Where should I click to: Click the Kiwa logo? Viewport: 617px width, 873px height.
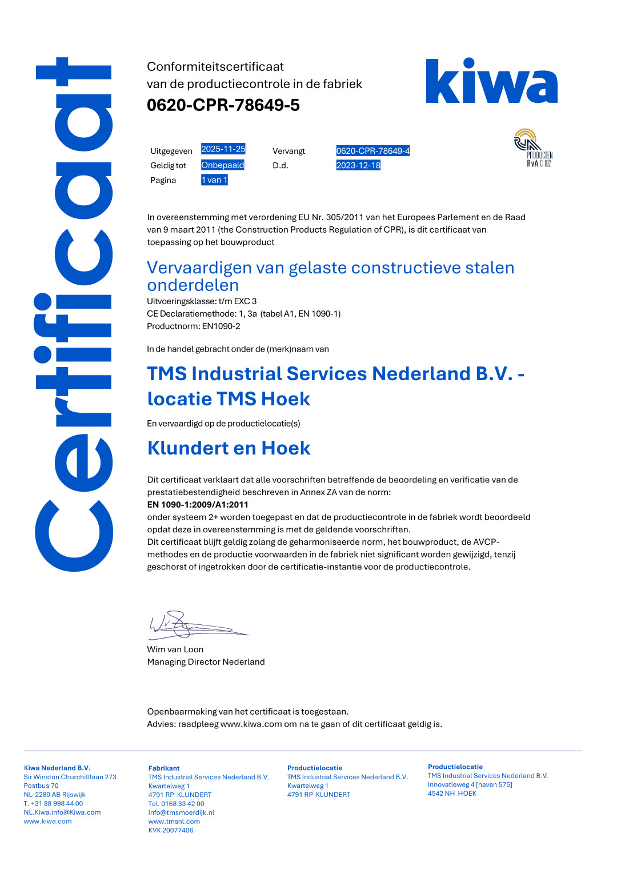[491, 81]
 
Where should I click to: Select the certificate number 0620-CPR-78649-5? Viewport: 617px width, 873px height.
[223, 105]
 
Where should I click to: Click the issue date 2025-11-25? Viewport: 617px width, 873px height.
[223, 149]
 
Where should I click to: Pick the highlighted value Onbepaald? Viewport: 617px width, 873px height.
[222, 165]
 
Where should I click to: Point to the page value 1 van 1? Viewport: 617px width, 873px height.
[214, 180]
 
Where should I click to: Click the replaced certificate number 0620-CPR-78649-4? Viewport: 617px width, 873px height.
[372, 151]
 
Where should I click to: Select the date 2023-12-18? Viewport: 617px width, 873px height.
[358, 165]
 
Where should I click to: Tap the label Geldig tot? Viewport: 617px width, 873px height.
[168, 166]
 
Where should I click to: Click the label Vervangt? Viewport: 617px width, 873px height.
[289, 151]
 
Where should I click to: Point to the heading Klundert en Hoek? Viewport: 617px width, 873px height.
[229, 448]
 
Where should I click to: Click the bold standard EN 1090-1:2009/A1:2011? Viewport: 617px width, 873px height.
[198, 505]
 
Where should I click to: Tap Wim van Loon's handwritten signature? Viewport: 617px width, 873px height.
[189, 625]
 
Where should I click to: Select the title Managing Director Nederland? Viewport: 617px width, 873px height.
[206, 662]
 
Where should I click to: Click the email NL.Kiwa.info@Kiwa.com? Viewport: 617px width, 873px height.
[62, 812]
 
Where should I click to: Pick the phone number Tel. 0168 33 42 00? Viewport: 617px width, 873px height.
[176, 804]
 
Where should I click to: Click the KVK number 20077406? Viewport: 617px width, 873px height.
[171, 831]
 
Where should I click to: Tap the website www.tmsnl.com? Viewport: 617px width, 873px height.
[174, 822]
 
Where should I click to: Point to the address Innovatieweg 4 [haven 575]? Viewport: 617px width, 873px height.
[470, 785]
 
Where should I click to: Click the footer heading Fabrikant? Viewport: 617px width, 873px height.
[164, 768]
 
